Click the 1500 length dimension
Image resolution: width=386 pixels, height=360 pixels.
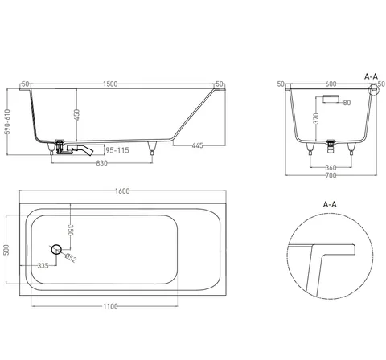pos(110,84)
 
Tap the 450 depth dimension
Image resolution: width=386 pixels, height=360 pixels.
pos(77,115)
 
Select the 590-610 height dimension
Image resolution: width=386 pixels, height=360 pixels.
pos(7,121)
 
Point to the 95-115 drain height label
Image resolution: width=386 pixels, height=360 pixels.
pos(117,150)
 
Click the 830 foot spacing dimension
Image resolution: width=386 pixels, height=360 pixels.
pos(101,163)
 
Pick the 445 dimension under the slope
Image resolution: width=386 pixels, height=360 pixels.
pos(198,145)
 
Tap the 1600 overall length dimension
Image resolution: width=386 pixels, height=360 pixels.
pos(122,191)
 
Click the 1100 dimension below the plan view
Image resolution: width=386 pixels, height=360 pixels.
pos(110,306)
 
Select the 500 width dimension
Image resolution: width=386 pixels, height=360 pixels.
pos(7,250)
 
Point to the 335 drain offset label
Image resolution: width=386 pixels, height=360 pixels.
pos(43,266)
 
